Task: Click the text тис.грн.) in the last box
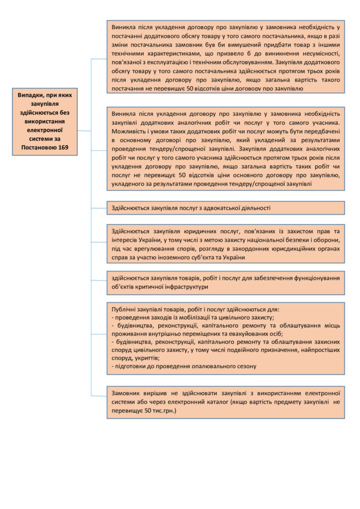tap(161, 411)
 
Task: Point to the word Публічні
tap(125, 309)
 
